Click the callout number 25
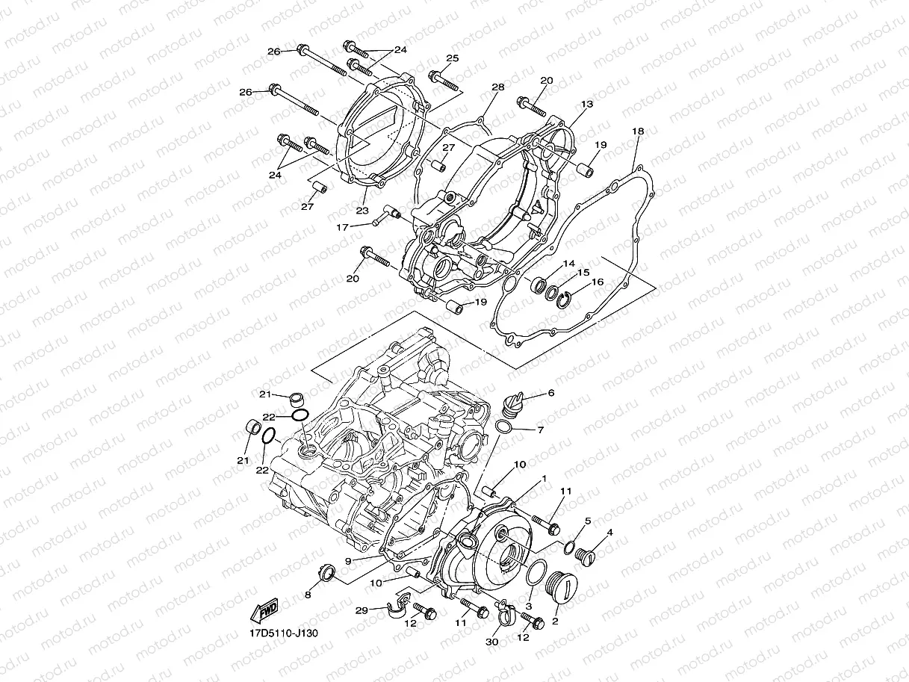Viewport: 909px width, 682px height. coord(452,58)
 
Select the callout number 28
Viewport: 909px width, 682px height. coord(498,87)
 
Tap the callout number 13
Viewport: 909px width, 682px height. coord(587,105)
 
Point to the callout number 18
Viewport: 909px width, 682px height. coord(637,131)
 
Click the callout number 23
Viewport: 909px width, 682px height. coord(362,211)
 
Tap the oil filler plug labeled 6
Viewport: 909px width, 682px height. coord(515,403)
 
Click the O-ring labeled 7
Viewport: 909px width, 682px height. coord(505,427)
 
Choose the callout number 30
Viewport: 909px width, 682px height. coord(492,642)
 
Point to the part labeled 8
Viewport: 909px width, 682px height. coord(326,574)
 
